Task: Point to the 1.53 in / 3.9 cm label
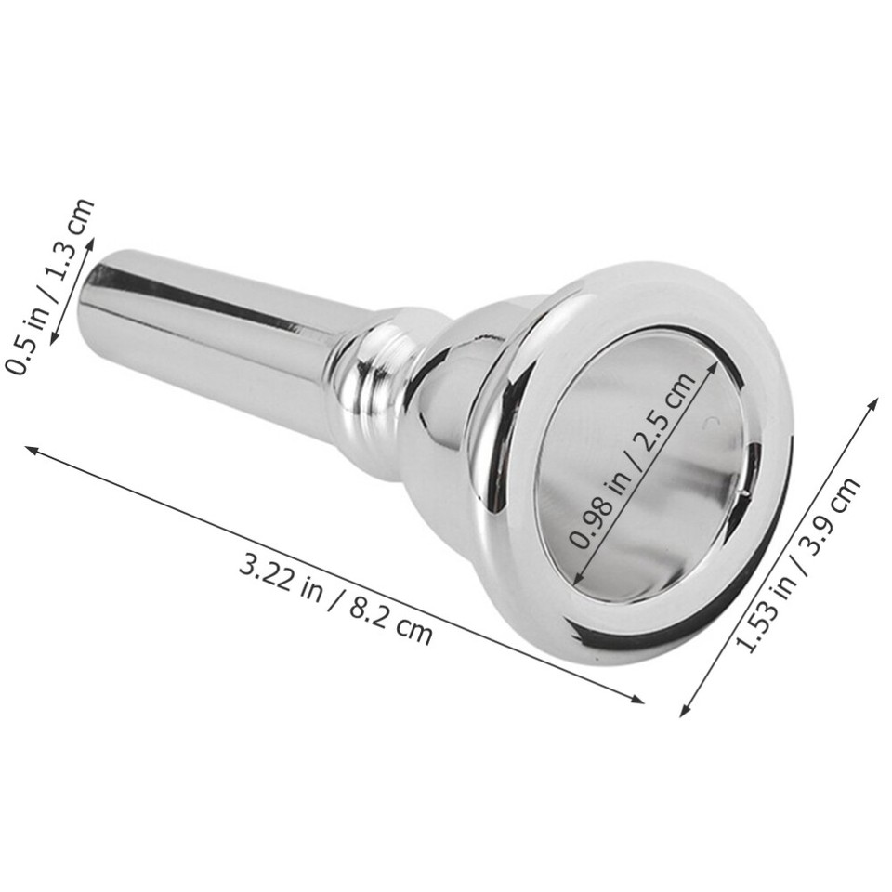[798, 566]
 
